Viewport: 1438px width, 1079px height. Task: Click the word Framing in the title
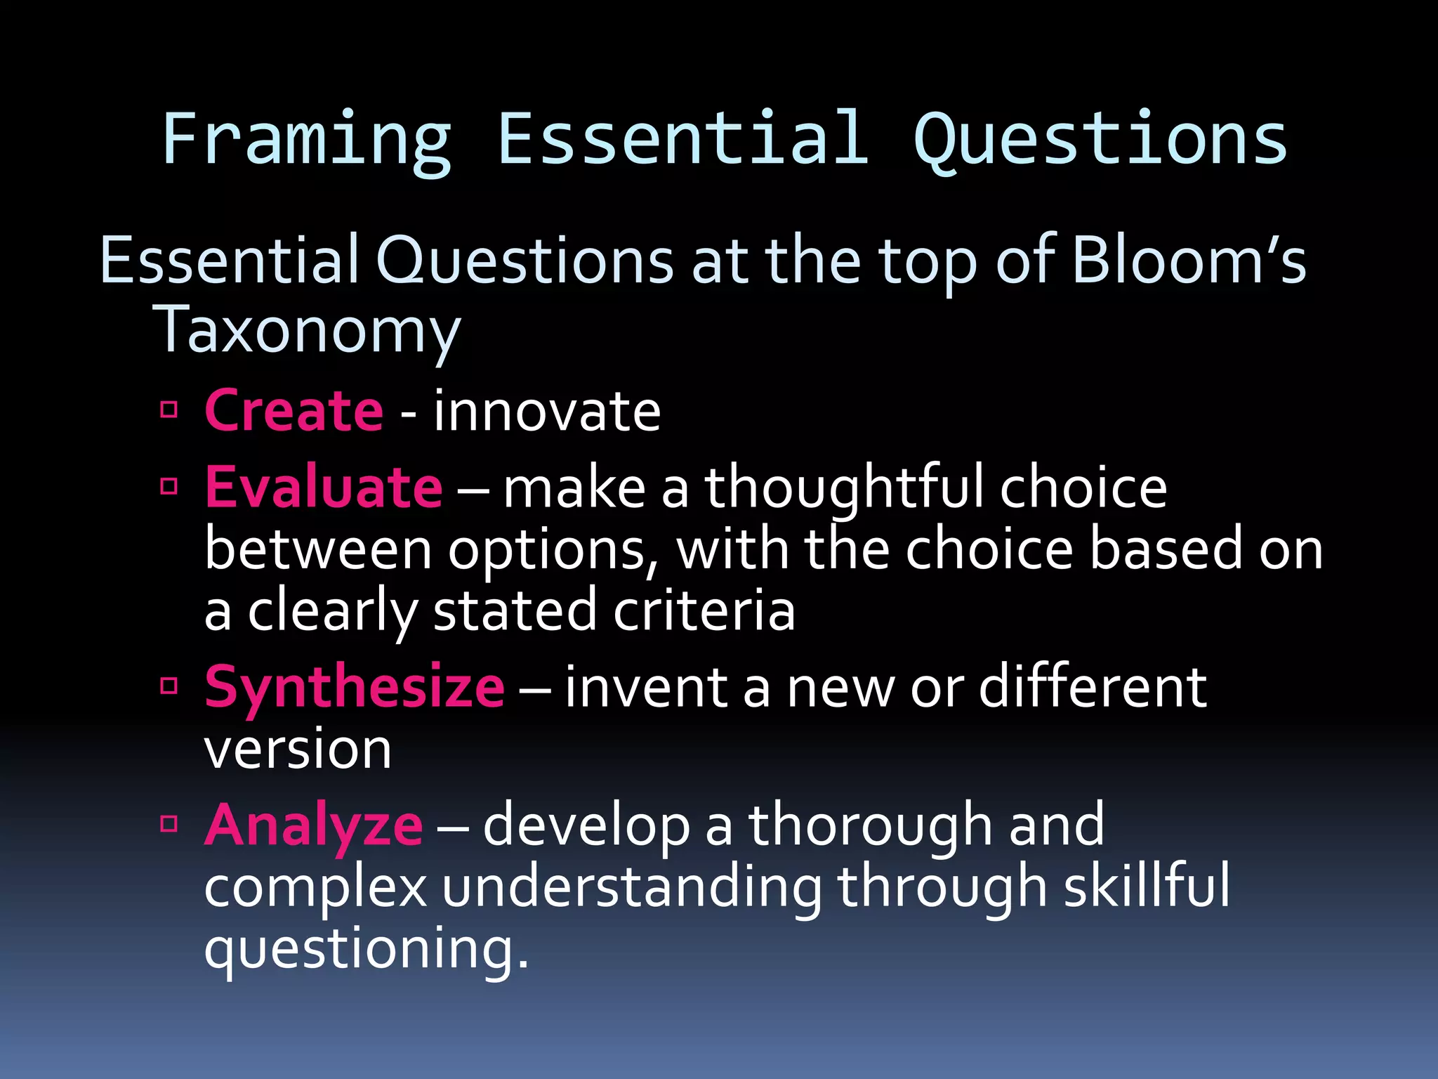(306, 140)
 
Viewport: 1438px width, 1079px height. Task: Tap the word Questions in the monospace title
(1100, 140)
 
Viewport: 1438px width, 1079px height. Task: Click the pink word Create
(293, 411)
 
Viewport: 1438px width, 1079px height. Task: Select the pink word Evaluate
(324, 488)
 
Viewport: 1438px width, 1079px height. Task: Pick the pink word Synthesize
(355, 687)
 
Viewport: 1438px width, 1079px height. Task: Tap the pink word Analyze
(314, 825)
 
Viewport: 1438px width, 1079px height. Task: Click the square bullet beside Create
(169, 410)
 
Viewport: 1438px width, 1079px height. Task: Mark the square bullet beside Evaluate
(169, 486)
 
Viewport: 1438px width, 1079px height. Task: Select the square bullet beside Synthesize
(169, 686)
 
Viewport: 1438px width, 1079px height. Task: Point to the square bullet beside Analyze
(169, 823)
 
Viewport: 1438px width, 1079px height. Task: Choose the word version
(298, 750)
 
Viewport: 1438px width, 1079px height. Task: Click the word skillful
(1147, 886)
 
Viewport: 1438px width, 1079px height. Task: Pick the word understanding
(631, 887)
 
